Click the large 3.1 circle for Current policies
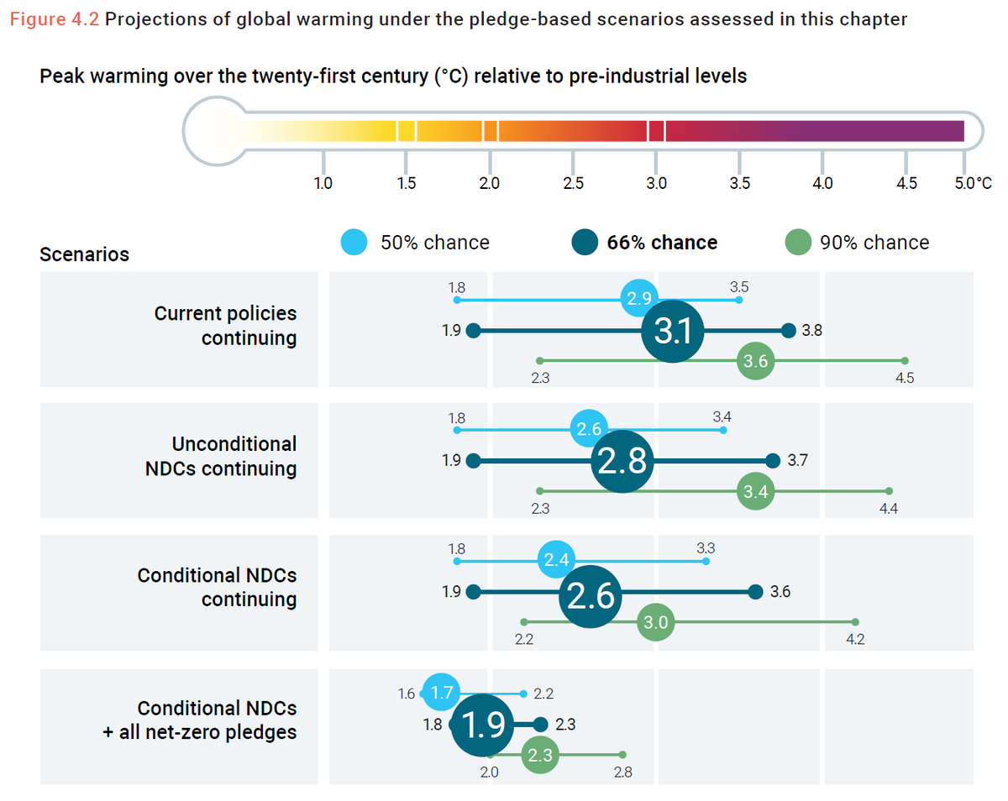click(672, 332)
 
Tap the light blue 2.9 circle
click(639, 299)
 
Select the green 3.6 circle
click(756, 362)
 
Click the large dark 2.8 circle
click(622, 462)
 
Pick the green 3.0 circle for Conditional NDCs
click(656, 622)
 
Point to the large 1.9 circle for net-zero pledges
click(482, 725)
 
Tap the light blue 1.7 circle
click(440, 694)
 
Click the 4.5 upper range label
click(905, 379)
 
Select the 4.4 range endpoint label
click(889, 508)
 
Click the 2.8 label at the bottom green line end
click(622, 772)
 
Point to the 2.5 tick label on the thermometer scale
click(574, 184)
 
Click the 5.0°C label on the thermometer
click(973, 184)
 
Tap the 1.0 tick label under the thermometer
click(323, 184)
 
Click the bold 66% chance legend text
click(662, 243)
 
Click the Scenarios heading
click(84, 254)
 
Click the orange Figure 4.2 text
click(55, 19)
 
